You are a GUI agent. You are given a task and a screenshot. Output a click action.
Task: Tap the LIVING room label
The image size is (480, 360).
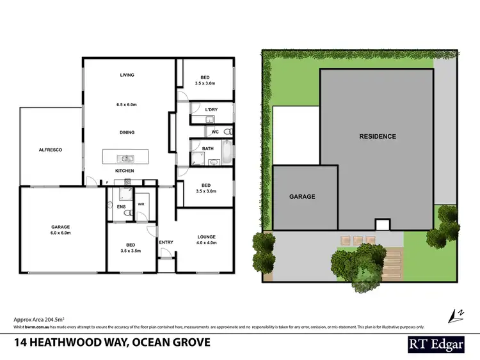click(127, 75)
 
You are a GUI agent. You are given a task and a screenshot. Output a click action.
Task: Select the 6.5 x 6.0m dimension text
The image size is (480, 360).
click(127, 104)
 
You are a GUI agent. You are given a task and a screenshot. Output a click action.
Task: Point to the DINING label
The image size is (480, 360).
click(127, 132)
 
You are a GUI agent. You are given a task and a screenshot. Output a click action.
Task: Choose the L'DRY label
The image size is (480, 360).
click(211, 109)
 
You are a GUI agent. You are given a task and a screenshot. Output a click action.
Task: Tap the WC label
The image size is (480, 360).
click(215, 132)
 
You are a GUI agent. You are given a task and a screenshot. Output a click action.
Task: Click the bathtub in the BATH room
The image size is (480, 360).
click(227, 153)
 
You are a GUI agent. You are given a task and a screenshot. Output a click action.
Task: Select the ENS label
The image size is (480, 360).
click(121, 206)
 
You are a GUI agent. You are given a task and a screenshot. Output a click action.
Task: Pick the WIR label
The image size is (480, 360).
click(141, 205)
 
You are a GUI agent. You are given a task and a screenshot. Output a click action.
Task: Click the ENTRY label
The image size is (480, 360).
click(166, 242)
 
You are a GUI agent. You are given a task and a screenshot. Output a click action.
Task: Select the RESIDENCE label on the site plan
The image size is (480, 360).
click(377, 136)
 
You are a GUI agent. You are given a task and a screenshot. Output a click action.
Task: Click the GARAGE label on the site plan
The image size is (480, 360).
click(302, 196)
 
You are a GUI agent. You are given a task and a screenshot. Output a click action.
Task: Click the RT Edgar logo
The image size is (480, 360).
click(438, 343)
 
